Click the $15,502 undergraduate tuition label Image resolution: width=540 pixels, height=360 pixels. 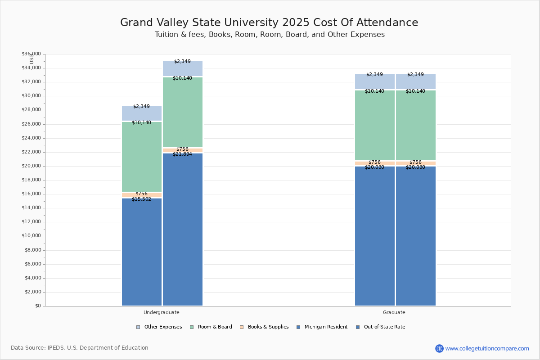pos(141,199)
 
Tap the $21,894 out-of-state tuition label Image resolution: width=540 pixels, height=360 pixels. pos(182,154)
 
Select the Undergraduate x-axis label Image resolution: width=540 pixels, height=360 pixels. pos(161,312)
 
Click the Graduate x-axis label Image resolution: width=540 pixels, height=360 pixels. pos(394,312)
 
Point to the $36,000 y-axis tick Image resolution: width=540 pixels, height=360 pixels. pos(31,54)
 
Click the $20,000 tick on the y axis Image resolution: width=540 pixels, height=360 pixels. pos(31,166)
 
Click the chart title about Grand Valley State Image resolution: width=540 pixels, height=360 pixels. pos(269,22)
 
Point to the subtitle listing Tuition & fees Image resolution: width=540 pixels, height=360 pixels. pos(270,35)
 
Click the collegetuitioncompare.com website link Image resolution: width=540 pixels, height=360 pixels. pos(487,348)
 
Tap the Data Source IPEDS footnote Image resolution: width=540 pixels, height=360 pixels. pos(80,348)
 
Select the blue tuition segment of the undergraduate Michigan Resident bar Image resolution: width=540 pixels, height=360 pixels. pos(142,252)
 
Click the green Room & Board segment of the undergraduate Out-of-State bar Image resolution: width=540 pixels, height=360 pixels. pos(183,112)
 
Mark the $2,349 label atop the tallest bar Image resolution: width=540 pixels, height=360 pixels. pos(182,61)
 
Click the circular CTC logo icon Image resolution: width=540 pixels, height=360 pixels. pos(439,348)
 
